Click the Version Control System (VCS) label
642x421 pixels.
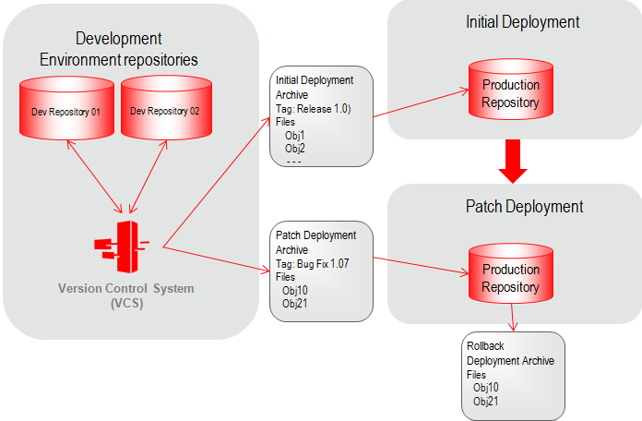click(x=126, y=295)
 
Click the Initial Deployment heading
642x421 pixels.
click(x=509, y=21)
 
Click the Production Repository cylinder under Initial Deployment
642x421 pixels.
click(x=510, y=93)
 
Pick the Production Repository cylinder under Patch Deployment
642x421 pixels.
click(x=510, y=278)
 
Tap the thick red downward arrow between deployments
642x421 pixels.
click(x=511, y=162)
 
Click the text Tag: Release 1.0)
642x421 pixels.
click(x=312, y=107)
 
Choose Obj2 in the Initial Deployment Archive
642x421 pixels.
click(x=295, y=148)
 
